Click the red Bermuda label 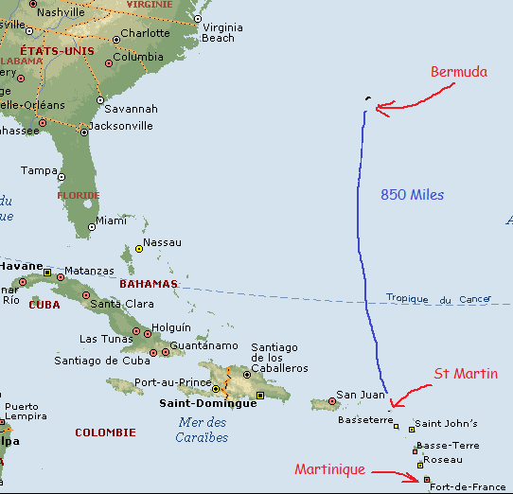459,72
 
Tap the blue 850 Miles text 413,194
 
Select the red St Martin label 466,374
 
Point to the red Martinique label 329,469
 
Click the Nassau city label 162,243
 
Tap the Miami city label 111,221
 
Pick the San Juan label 361,396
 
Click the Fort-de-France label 468,486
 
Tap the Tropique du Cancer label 438,299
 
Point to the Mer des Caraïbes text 202,430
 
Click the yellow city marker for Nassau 139,249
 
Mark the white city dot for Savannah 99,99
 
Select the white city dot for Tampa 62,177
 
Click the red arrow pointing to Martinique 395,473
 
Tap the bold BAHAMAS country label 149,284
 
